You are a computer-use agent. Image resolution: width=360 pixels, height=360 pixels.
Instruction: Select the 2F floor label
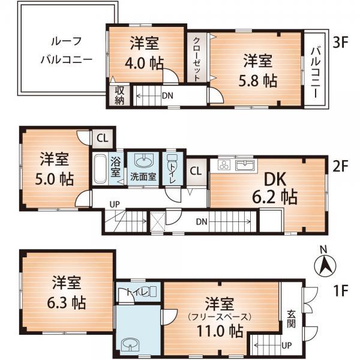pos(340,166)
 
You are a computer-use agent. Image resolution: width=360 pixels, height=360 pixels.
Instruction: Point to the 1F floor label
pos(340,292)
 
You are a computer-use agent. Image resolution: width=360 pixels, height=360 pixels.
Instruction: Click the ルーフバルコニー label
pos(65,51)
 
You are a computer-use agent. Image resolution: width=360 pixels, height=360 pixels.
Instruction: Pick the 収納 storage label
pos(119,95)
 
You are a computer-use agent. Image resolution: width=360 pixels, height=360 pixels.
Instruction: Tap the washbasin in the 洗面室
pos(143,160)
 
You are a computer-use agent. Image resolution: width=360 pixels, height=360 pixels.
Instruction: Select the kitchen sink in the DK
pos(245,164)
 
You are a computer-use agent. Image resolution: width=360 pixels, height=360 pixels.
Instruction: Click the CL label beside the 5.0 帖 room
pos(102,137)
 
